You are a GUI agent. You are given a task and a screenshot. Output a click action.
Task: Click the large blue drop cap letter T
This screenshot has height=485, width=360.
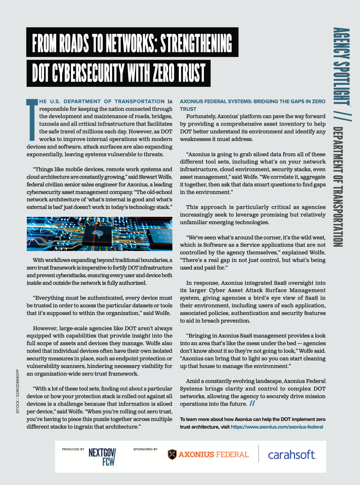coord(32,119)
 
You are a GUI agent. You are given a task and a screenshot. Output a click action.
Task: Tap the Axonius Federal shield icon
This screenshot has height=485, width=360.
coord(172,455)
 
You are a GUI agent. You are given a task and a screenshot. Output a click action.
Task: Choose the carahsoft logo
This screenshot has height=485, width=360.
coord(292,455)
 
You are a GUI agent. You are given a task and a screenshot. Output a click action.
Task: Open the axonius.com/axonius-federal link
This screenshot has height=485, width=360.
coord(277,427)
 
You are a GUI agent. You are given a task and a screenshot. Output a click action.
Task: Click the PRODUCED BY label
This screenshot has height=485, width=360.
coord(73,449)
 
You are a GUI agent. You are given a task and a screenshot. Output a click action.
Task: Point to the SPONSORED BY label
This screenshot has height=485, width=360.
coord(145,449)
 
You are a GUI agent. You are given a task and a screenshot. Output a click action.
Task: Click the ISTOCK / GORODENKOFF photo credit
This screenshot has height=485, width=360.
coord(17,391)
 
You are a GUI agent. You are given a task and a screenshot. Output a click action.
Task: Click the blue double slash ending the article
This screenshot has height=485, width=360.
coord(252,404)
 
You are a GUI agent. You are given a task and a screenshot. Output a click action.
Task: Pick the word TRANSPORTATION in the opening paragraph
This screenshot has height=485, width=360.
coord(139,102)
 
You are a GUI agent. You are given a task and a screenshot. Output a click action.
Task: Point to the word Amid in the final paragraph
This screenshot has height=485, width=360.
coord(193,381)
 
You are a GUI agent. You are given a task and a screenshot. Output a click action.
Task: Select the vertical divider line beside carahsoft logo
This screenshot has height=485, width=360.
coord(259,453)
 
